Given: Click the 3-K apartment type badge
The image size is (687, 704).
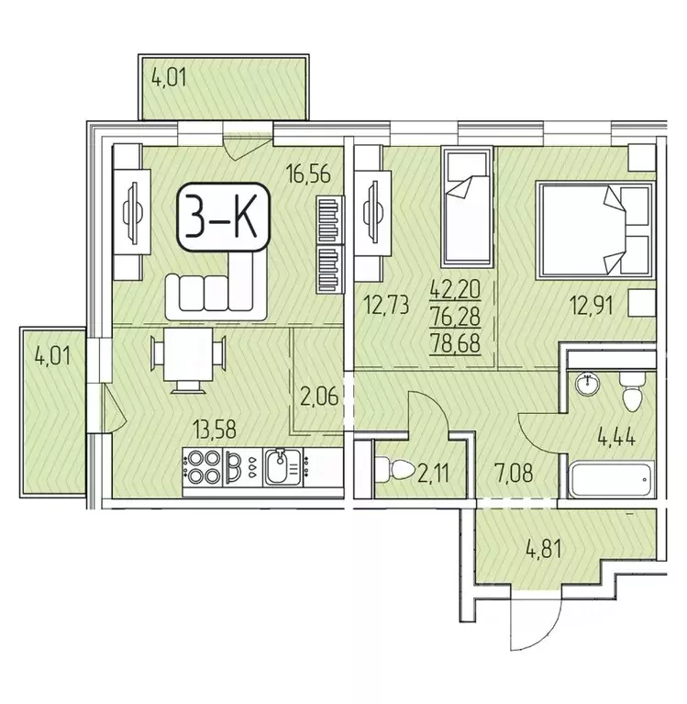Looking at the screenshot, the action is (224, 217).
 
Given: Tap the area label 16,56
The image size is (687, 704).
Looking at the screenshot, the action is (310, 173).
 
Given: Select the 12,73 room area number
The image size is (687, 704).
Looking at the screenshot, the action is (387, 305).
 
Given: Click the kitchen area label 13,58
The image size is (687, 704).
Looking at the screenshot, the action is (215, 430).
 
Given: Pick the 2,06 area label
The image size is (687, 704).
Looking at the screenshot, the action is (318, 397).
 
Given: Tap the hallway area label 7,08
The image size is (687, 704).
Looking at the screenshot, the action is (514, 474).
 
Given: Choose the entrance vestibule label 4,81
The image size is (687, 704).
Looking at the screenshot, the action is (543, 549).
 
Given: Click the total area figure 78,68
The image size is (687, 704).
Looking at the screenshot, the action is (456, 344).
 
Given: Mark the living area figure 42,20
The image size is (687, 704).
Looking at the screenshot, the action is (456, 289).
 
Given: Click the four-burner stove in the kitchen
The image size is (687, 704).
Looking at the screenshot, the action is (203, 467).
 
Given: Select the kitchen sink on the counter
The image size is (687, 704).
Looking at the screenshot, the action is (283, 467).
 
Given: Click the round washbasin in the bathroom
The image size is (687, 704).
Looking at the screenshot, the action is (587, 385).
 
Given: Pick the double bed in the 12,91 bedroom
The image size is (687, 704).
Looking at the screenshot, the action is (595, 229).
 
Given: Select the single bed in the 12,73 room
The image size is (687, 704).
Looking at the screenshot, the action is (467, 207).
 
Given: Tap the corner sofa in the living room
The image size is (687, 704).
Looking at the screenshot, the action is (216, 286).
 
